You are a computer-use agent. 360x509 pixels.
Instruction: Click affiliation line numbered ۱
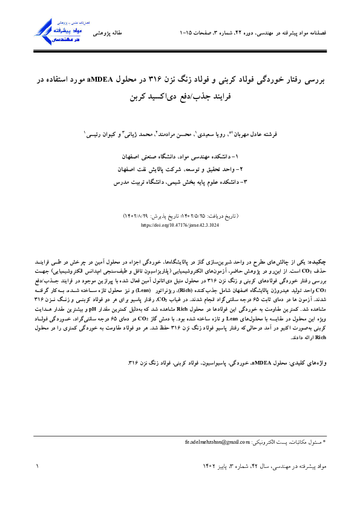(x=180, y=156)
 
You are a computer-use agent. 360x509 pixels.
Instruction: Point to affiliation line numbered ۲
(x=180, y=168)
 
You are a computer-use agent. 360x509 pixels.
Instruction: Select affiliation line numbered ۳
(x=180, y=180)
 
